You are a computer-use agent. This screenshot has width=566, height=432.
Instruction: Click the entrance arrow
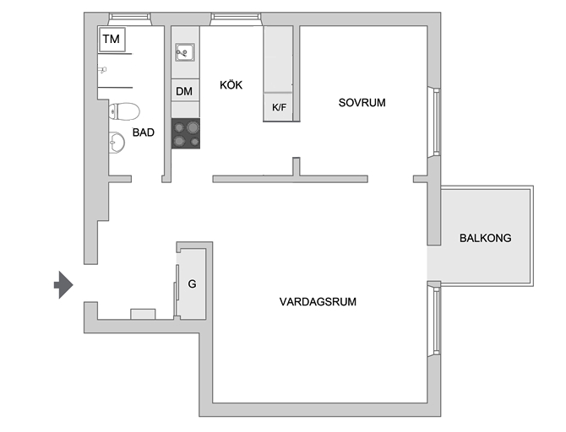[64, 285]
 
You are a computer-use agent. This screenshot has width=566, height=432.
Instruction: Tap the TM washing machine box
[112, 40]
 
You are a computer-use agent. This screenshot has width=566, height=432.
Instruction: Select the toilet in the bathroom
[124, 111]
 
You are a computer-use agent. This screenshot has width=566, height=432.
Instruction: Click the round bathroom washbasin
[117, 143]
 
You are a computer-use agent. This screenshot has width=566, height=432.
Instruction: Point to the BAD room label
[144, 132]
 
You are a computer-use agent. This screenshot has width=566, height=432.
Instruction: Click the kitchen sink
[185, 52]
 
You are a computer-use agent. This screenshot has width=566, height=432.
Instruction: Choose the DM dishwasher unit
[185, 90]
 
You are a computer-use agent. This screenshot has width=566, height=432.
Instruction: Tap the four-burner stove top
[186, 133]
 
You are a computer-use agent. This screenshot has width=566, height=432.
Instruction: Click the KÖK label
[231, 85]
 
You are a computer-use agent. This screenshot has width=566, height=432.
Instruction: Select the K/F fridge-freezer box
[278, 107]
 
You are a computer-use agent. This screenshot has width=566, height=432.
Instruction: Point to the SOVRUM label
[362, 103]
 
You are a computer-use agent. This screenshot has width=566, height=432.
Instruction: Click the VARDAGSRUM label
[318, 301]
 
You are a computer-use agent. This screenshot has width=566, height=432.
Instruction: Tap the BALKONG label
[485, 238]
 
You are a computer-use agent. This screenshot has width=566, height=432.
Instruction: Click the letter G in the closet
[192, 283]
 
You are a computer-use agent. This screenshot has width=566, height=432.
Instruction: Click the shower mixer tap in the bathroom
[102, 69]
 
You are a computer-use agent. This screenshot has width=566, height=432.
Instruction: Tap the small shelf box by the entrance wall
[143, 314]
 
